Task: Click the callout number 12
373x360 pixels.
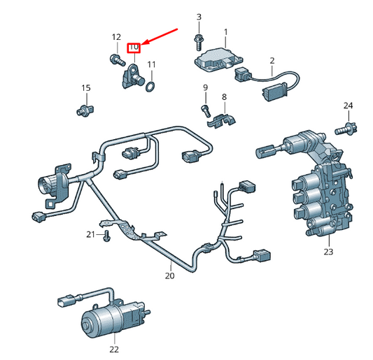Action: (x=116, y=37)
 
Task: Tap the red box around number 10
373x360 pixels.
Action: (x=134, y=48)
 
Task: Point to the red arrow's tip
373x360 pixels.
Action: (x=143, y=45)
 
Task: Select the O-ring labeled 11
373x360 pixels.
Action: (x=150, y=87)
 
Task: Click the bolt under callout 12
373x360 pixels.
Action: (x=118, y=59)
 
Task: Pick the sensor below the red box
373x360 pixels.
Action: (x=132, y=76)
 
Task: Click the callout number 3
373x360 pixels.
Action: (x=199, y=17)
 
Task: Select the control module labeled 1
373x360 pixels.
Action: (x=219, y=60)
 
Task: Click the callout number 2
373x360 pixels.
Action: (x=272, y=61)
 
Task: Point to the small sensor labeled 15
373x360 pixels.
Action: (x=85, y=110)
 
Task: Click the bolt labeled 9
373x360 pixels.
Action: (x=206, y=110)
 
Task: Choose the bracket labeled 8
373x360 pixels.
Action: (x=221, y=121)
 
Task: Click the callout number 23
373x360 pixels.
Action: (x=328, y=252)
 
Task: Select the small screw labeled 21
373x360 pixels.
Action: (x=106, y=236)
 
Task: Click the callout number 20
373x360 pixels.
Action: (x=169, y=276)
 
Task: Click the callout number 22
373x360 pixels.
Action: (x=114, y=350)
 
